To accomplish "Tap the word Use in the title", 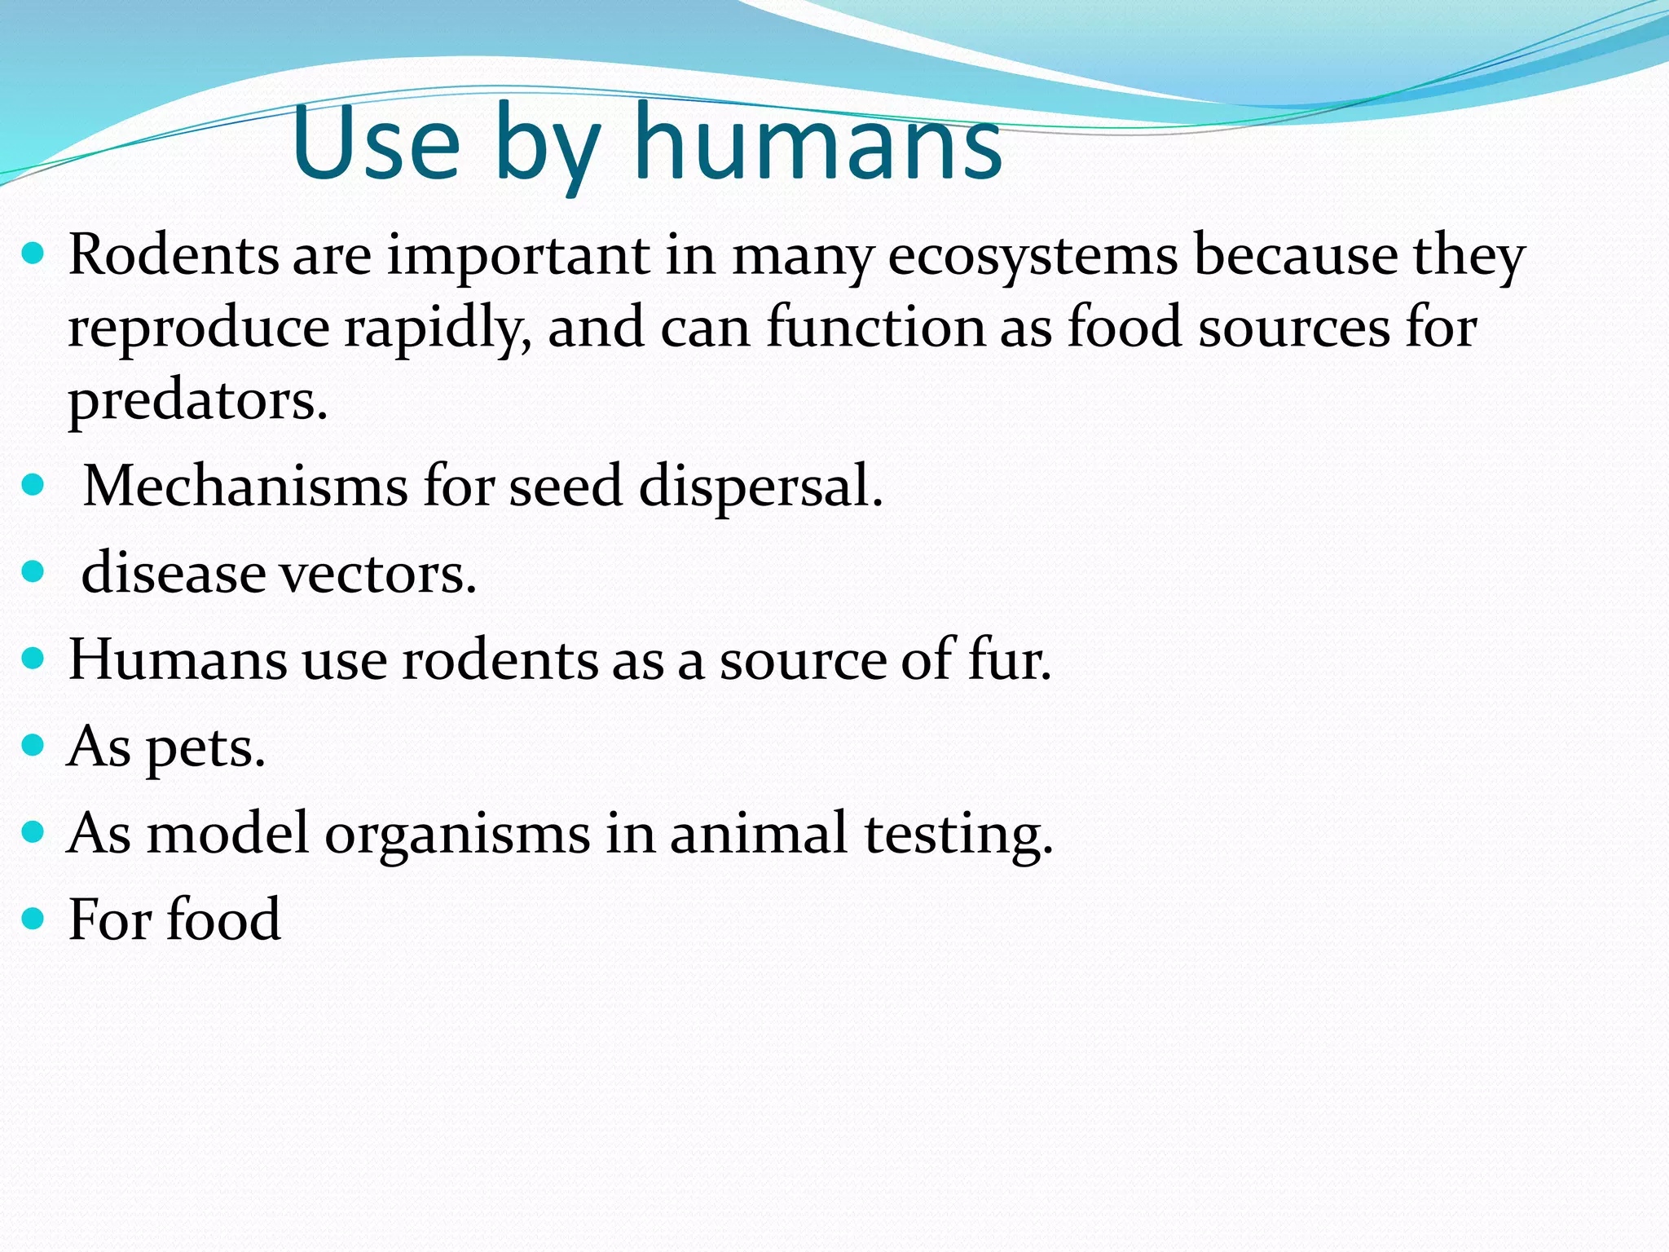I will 377,145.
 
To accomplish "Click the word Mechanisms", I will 245,487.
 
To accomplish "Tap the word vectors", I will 378,574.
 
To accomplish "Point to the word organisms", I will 457,835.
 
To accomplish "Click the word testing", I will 958,835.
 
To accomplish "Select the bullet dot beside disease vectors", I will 33,571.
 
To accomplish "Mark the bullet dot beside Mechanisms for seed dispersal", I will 33,485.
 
